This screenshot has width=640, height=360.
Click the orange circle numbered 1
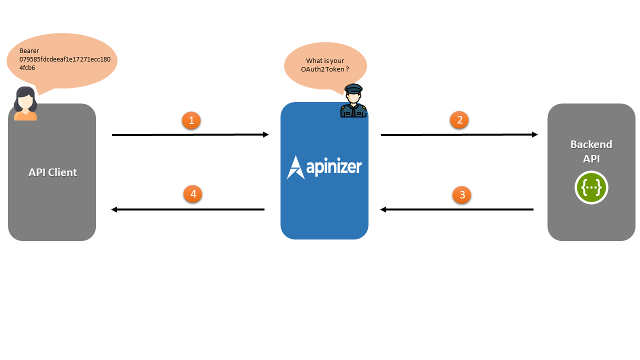point(191,120)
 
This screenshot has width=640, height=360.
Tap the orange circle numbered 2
point(459,120)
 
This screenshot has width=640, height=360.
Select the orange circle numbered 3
point(461,194)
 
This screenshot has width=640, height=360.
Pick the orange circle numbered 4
point(192,194)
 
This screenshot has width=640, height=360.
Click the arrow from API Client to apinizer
point(190,134)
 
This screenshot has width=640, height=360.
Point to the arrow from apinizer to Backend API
point(459,134)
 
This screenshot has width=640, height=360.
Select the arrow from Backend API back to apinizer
point(457,209)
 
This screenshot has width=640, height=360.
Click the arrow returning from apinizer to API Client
point(187,209)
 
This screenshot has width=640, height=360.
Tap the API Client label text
point(52,172)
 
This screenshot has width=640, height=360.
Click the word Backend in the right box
point(591,144)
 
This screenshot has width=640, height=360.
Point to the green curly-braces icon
point(591,187)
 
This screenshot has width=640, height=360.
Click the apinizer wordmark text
point(333,167)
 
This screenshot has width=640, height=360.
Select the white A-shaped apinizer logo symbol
point(294,167)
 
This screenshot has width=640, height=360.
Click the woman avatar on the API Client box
point(25,104)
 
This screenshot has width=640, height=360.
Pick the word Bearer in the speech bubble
point(29,51)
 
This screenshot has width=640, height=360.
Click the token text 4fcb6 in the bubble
point(27,67)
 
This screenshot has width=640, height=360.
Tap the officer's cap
point(353,88)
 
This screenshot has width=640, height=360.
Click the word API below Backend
point(591,159)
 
